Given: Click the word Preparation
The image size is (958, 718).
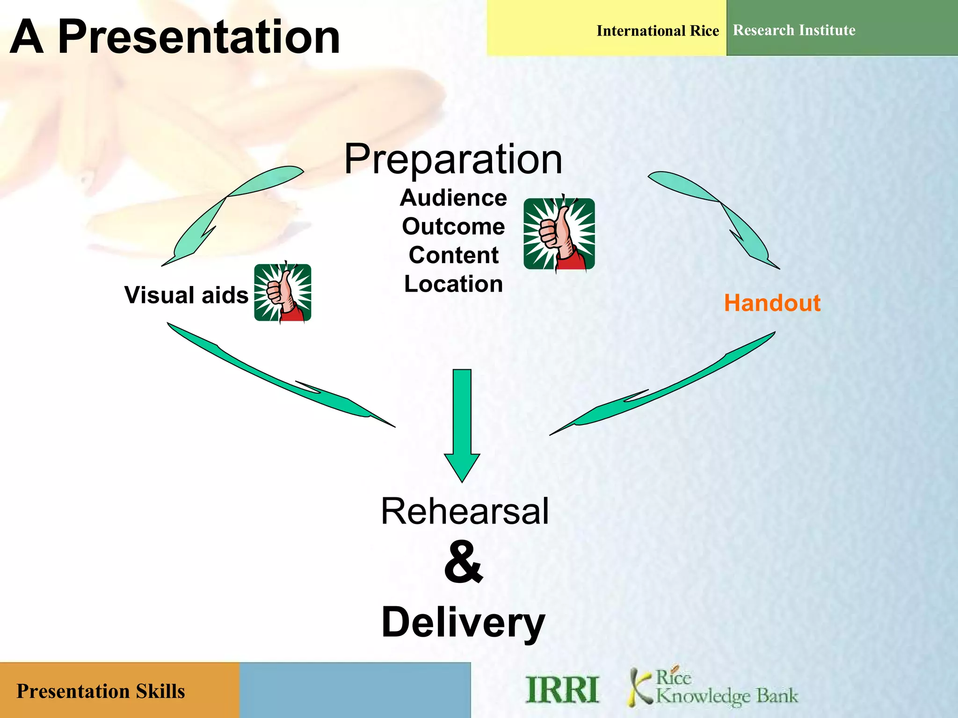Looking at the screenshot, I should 453,160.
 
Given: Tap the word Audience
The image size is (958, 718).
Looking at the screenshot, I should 453,198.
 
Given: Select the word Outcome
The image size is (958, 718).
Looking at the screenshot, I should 453,227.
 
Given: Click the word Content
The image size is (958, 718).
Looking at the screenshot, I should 453,255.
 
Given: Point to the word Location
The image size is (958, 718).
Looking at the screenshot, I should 453,284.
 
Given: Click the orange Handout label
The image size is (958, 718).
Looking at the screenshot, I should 772,303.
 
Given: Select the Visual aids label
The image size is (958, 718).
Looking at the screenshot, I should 186,295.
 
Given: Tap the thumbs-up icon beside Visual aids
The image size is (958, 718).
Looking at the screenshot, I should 283,293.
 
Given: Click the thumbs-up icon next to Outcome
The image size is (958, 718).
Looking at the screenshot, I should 559,234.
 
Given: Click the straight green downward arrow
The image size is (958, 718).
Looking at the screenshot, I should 462,421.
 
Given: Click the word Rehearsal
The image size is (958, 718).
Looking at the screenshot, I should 464,511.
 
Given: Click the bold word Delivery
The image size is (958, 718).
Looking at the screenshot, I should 463,623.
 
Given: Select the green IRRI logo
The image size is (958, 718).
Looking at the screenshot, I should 562,689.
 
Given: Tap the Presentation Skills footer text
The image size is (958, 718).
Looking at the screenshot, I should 101,691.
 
